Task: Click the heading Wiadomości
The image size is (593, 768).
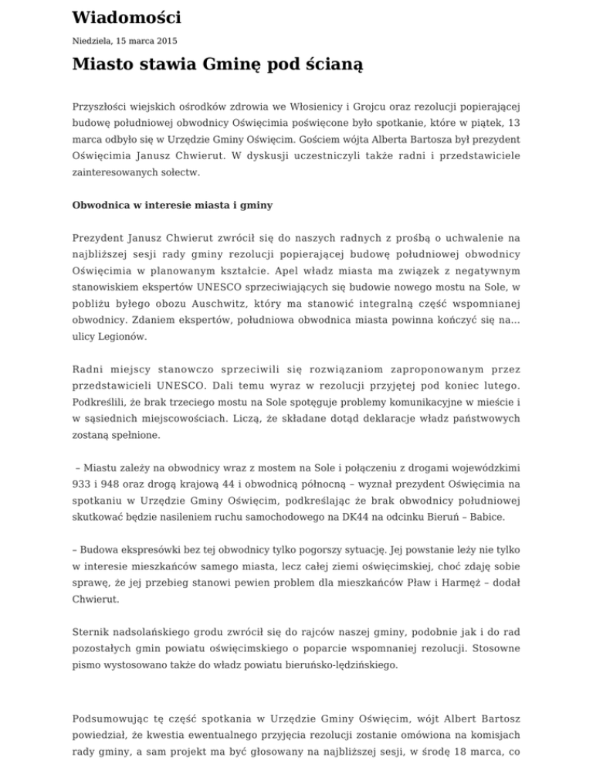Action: click(127, 17)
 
